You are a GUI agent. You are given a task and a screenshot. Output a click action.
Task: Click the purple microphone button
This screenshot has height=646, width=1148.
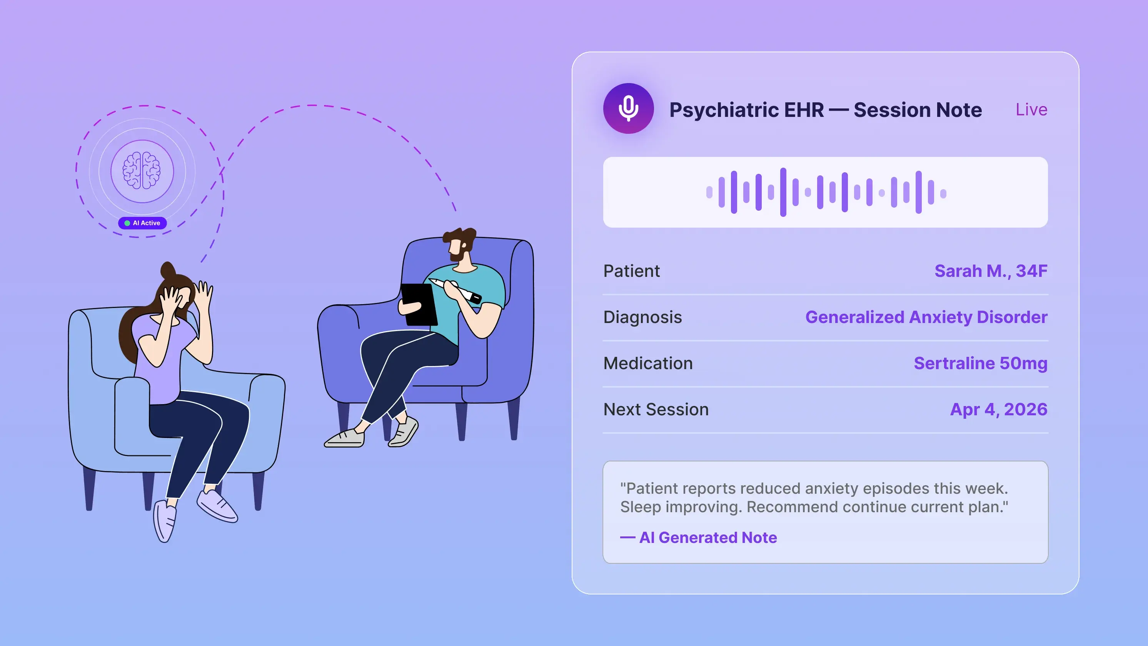click(628, 108)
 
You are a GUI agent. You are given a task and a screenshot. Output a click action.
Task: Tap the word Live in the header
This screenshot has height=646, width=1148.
click(1031, 109)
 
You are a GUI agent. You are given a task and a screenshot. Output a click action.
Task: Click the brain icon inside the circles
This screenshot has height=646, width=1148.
click(142, 171)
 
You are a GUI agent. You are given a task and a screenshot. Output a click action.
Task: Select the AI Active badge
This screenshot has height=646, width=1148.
click(143, 223)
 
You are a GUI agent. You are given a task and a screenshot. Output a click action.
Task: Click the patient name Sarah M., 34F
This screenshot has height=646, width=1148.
click(991, 271)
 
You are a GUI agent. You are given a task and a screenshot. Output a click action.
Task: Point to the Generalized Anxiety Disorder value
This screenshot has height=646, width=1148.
click(926, 317)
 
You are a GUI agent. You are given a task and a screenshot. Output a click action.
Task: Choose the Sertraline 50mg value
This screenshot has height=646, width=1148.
click(980, 363)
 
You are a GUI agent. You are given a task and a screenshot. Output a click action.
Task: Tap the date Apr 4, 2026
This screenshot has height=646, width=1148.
click(999, 410)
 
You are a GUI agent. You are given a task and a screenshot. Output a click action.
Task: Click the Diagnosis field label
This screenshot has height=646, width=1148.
click(642, 317)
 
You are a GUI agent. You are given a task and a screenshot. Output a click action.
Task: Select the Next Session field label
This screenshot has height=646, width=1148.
click(656, 410)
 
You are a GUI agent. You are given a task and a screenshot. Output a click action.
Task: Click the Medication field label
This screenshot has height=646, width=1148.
click(648, 363)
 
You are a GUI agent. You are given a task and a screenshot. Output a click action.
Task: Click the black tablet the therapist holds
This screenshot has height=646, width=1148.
click(419, 304)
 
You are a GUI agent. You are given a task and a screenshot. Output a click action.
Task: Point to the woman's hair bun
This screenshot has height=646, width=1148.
click(168, 270)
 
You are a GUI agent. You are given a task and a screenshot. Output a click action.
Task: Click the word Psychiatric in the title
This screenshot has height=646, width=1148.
click(746, 110)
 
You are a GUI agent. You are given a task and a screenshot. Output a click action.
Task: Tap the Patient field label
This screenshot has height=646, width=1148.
click(631, 271)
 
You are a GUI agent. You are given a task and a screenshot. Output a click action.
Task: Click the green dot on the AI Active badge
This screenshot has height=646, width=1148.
click(127, 223)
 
